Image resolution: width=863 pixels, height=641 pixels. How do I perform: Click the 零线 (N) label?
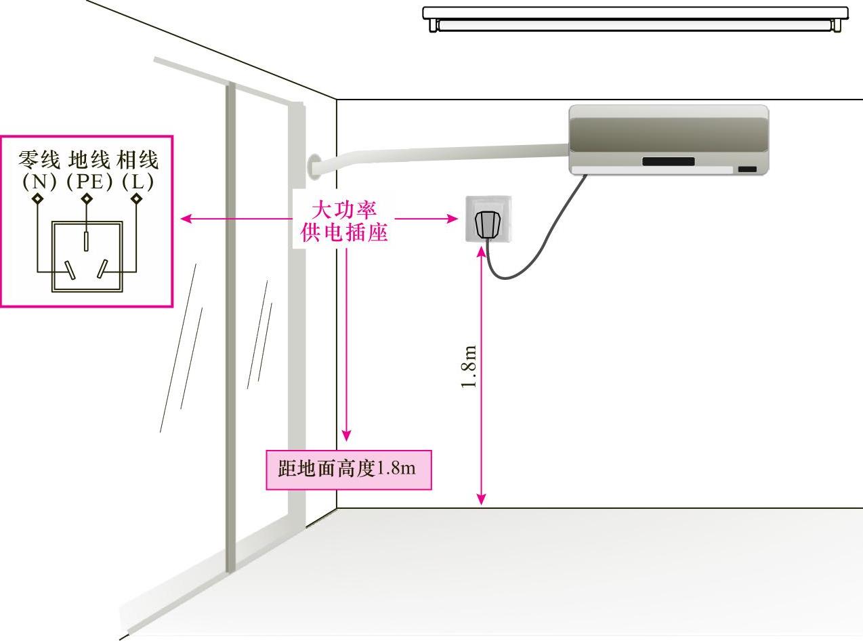click(x=39, y=171)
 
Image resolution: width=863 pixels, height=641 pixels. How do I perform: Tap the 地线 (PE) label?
click(x=87, y=171)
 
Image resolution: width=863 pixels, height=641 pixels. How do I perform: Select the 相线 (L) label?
click(x=137, y=171)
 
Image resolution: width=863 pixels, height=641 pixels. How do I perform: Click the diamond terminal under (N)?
click(x=38, y=199)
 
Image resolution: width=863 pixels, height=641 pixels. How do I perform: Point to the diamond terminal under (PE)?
click(x=87, y=199)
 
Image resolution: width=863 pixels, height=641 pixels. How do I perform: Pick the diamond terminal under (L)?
click(x=136, y=199)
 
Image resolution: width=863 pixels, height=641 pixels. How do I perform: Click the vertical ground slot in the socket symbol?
click(x=87, y=240)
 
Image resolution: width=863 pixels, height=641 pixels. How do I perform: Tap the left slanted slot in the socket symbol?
click(x=70, y=270)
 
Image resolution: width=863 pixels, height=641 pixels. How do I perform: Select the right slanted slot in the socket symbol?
click(x=102, y=270)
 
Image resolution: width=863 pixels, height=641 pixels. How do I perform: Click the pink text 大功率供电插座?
click(x=343, y=220)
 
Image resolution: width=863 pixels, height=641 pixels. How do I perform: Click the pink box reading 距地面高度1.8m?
click(x=348, y=469)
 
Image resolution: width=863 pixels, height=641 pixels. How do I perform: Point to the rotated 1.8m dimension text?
click(x=469, y=367)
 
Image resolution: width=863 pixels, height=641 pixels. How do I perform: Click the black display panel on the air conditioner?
click(x=668, y=161)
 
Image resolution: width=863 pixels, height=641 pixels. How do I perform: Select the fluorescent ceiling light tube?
click(x=635, y=25)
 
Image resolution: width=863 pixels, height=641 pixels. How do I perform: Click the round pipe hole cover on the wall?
click(x=312, y=166)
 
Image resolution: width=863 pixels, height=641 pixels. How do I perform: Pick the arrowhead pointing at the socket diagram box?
click(x=186, y=219)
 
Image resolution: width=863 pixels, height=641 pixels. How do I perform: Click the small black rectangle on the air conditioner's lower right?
click(x=747, y=169)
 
